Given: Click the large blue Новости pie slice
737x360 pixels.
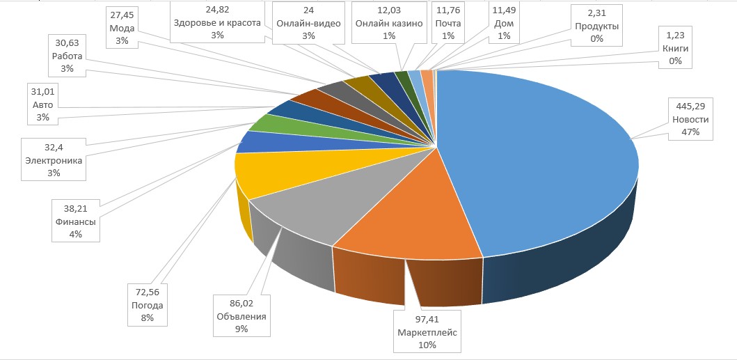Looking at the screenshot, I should point(536,167).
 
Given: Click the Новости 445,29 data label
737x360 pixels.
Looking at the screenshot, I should point(691,120).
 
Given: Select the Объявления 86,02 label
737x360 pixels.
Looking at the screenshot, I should point(241,316).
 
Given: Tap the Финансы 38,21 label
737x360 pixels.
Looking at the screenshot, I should point(77,221).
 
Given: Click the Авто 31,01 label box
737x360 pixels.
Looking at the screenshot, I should point(43,104).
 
